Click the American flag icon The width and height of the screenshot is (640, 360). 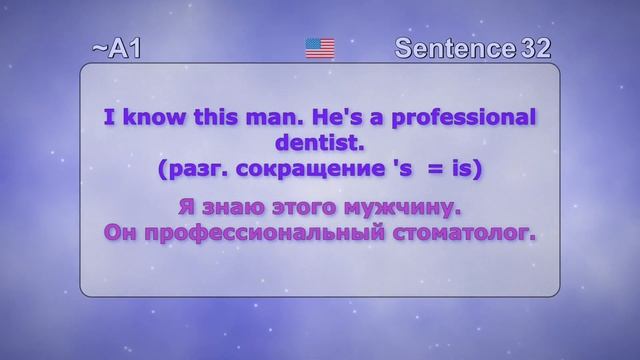319,48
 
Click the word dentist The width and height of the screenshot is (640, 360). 317,145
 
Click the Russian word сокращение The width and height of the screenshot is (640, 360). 291,171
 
